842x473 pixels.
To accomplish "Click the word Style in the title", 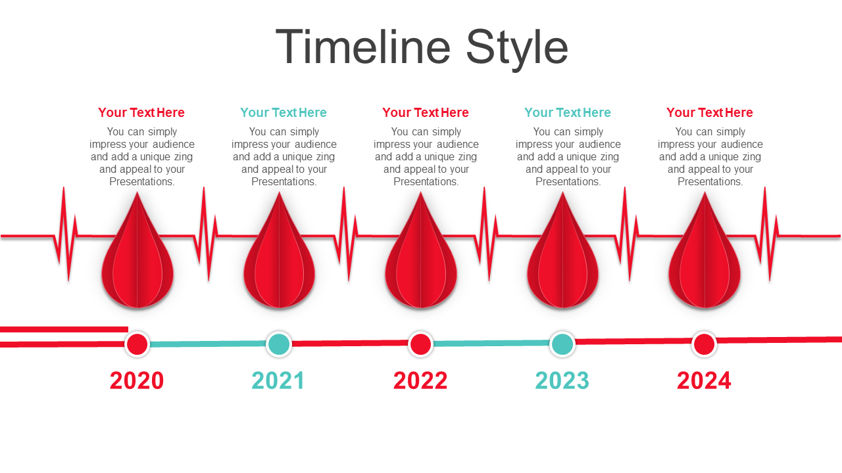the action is [x=517, y=49].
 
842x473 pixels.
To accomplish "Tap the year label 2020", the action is [x=137, y=380].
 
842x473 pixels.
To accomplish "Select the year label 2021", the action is [x=278, y=380].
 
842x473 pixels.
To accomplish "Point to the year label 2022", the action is [x=420, y=380].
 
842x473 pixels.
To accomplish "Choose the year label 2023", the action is [x=562, y=380].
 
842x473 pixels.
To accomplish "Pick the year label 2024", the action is [x=704, y=380].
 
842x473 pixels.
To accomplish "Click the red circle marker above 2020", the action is [x=137, y=344].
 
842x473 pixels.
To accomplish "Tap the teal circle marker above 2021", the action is [x=279, y=344].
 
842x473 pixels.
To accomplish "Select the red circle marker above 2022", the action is [x=420, y=344].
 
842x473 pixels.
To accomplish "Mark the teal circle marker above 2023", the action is [x=562, y=344].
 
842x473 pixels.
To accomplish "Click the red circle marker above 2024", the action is [x=704, y=344].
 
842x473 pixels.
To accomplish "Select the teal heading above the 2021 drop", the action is [x=284, y=112].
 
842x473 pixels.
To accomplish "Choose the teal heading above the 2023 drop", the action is [x=568, y=112].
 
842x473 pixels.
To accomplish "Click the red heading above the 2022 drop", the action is [x=426, y=112].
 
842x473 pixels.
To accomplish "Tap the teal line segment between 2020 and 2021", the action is [x=208, y=344].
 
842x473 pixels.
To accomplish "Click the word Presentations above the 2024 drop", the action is [x=710, y=182].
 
